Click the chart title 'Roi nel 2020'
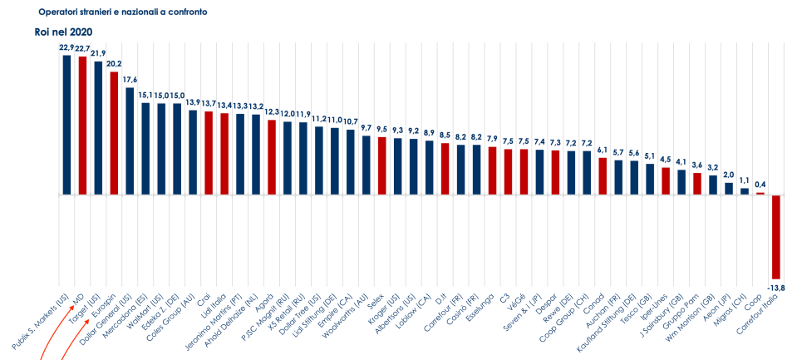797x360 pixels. coord(57,32)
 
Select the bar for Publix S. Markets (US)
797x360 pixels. coord(67,125)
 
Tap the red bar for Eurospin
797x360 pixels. coord(114,133)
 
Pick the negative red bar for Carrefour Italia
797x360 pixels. coord(775,237)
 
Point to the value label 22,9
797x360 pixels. coord(67,47)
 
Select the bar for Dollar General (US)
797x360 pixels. coord(130,141)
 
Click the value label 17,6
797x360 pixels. coord(130,80)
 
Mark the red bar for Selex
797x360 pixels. coord(382,165)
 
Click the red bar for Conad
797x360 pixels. coord(603,176)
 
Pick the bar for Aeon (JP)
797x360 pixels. coord(729,189)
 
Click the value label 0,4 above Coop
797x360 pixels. coord(760,185)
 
